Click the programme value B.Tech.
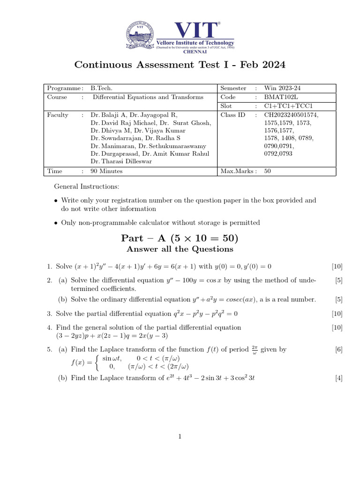pyautogui.click(x=101, y=88)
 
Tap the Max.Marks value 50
pyautogui.click(x=268, y=171)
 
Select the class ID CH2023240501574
pyautogui.click(x=291, y=115)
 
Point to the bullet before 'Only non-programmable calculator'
pyautogui.click(x=56, y=223)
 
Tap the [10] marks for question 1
pyautogui.click(x=337, y=267)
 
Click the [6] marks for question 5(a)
pyautogui.click(x=339, y=349)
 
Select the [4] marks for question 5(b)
pyautogui.click(x=339, y=378)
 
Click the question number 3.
pyautogui.click(x=49, y=314)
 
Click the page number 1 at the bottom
pyautogui.click(x=180, y=437)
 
